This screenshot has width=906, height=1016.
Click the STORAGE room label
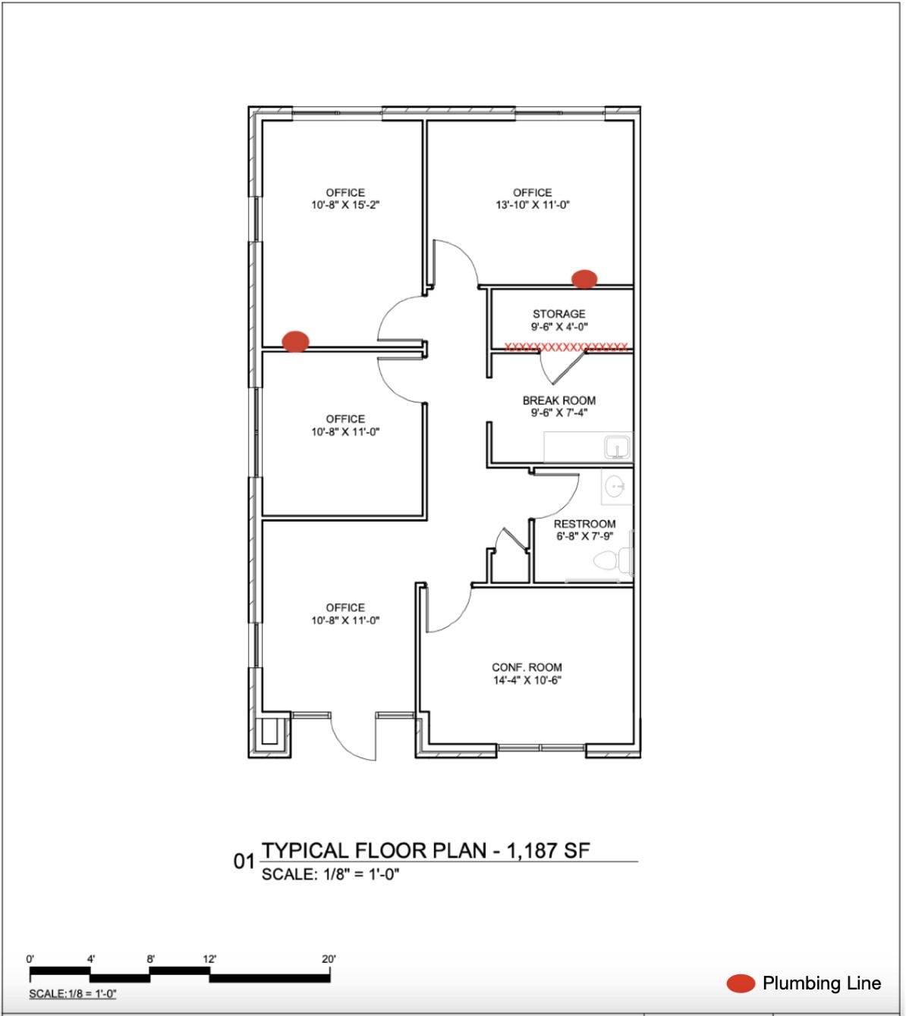click(558, 314)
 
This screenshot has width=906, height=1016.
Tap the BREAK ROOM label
click(558, 400)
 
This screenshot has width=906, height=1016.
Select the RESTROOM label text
click(584, 524)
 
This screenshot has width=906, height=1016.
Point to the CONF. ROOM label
click(527, 667)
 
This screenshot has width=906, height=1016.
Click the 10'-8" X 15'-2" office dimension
click(345, 205)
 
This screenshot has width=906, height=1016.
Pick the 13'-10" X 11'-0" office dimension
click(533, 205)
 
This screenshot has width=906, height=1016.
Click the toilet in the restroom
click(610, 561)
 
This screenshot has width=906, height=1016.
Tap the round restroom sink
click(615, 485)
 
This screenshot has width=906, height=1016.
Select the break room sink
click(618, 447)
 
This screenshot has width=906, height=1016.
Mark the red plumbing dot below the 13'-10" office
click(584, 279)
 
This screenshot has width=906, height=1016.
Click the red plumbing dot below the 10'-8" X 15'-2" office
click(295, 341)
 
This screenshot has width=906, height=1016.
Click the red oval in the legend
click(741, 983)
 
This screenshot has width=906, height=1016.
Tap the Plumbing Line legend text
click(822, 983)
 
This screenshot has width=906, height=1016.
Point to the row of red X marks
click(566, 347)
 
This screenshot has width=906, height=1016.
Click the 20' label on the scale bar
click(329, 959)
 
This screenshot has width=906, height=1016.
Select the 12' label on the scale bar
click(209, 959)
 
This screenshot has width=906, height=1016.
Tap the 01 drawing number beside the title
click(244, 861)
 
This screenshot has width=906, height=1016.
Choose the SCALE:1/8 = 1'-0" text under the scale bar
click(73, 994)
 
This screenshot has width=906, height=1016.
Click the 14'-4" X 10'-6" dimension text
click(527, 680)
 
